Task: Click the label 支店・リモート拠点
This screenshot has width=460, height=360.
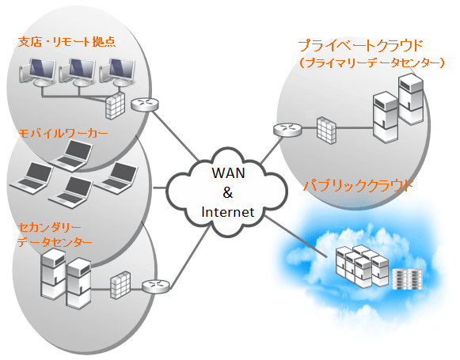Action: [67, 42]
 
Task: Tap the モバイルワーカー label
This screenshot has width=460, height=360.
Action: [63, 134]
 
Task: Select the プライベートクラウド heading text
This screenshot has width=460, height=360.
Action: [360, 46]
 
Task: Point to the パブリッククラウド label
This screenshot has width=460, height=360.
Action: [358, 186]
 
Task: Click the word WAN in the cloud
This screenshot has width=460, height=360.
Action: [228, 173]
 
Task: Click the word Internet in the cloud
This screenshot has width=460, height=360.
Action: [228, 212]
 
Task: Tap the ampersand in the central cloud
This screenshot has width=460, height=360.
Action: [228, 192]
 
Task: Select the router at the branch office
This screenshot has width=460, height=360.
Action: [145, 104]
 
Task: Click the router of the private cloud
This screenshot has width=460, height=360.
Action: [287, 130]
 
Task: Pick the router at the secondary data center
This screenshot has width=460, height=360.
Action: [156, 286]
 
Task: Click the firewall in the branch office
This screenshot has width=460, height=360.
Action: [116, 106]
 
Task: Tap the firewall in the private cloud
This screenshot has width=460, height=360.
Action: [326, 131]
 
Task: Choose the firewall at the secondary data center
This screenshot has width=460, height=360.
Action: [120, 285]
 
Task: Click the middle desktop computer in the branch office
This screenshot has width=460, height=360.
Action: [78, 73]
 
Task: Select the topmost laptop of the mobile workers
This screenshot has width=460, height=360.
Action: [71, 155]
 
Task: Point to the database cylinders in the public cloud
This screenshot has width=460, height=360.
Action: [408, 279]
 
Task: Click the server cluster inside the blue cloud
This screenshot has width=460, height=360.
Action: [362, 266]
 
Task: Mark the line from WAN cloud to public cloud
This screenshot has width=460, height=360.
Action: [296, 237]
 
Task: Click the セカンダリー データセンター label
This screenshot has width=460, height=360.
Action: [55, 235]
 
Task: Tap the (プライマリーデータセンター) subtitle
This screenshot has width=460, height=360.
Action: [372, 63]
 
